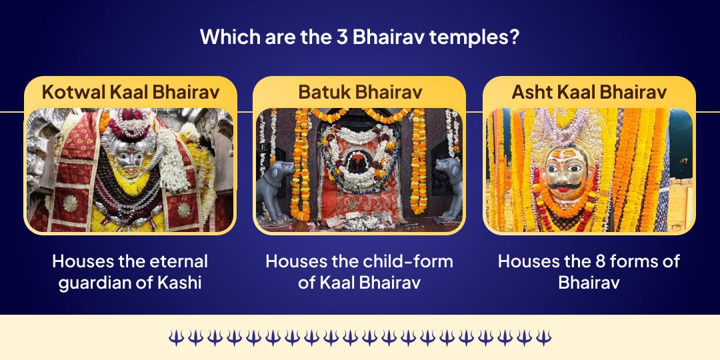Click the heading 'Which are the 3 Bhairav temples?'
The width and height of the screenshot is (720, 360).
[x=360, y=36]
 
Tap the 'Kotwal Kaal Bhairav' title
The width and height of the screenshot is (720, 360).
[x=131, y=92]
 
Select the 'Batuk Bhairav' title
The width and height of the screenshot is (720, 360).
[x=360, y=92]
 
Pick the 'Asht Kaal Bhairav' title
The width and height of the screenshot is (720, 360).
[x=589, y=92]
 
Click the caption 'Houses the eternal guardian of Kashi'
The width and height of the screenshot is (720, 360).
[x=131, y=271]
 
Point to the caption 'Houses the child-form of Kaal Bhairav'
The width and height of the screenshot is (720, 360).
[x=360, y=271]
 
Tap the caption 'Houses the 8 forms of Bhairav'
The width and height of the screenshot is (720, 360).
[x=589, y=271]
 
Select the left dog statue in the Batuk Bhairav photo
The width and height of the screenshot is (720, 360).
[x=277, y=190]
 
